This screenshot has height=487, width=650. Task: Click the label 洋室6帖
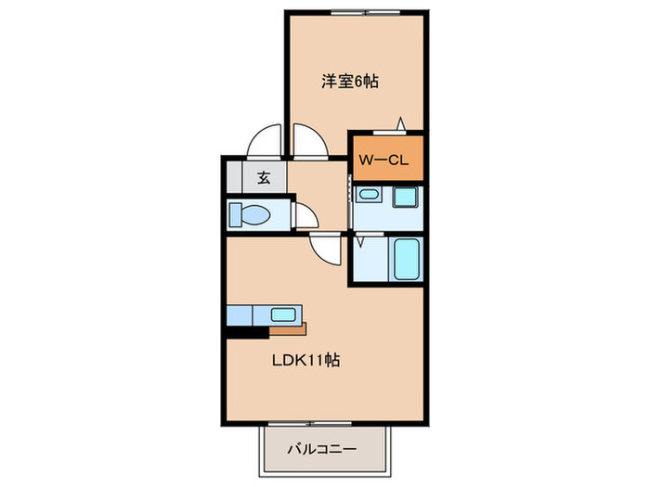point(350,81)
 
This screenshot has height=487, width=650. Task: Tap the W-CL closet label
point(384,160)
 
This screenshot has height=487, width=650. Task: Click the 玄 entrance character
point(264,178)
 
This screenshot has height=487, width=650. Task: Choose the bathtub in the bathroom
point(408,260)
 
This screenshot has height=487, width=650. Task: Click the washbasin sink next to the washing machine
point(368,196)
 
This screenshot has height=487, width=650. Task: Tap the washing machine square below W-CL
point(405,198)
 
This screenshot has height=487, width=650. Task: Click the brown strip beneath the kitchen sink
point(288,328)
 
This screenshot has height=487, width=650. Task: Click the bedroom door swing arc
point(310,144)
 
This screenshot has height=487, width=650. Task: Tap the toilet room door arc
point(305,216)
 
